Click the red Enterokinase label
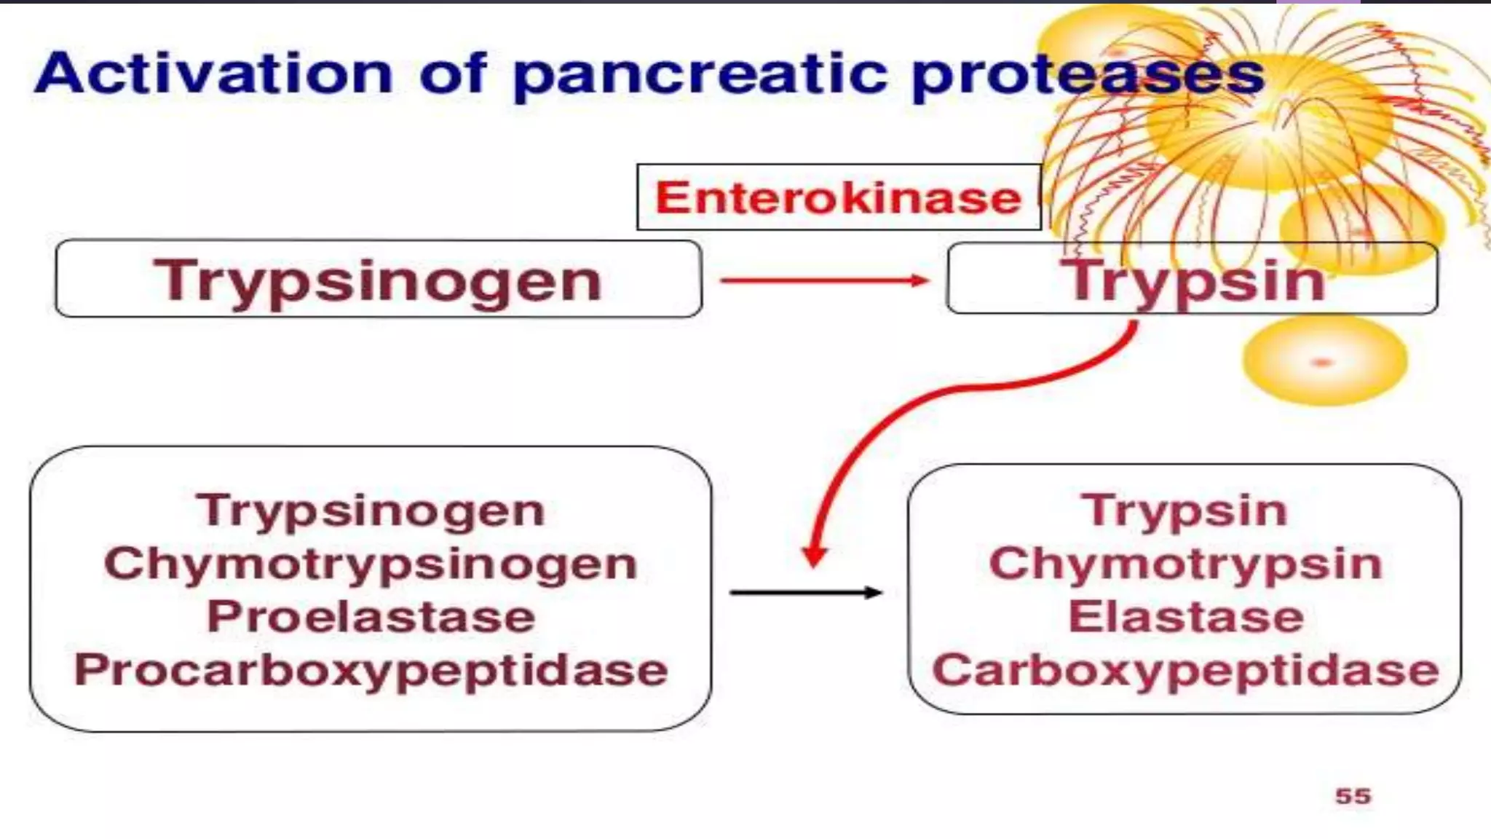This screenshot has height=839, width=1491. point(838,198)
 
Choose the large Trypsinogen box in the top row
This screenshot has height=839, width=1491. point(378,280)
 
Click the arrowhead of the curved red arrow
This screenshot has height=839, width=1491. point(815,557)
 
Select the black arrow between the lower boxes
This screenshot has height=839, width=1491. point(805,593)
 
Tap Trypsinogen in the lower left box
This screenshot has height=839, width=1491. point(371,511)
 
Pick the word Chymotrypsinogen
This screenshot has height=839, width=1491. point(371,564)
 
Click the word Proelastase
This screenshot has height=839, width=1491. point(371,618)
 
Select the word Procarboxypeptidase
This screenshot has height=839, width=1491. point(371,671)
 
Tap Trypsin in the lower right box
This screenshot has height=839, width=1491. point(1185,511)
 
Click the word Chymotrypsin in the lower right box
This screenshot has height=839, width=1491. point(1185,564)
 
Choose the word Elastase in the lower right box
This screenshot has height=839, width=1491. point(1185,618)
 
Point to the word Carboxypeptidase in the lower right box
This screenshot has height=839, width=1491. point(1185,671)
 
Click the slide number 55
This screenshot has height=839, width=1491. point(1353,796)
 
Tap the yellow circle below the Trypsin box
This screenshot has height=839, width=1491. point(1324,361)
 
